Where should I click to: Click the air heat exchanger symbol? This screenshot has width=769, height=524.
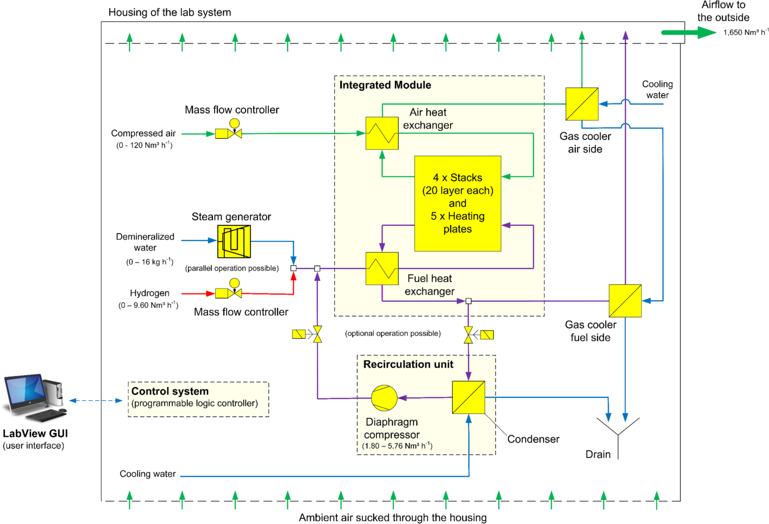(x=382, y=133)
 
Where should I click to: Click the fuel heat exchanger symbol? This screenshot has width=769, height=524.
(x=382, y=269)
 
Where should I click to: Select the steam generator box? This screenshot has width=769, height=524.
(x=234, y=242)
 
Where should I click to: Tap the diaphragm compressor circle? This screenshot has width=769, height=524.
(x=384, y=398)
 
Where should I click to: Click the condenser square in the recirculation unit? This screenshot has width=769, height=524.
(x=468, y=397)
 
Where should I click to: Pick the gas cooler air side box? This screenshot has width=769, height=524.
(x=582, y=104)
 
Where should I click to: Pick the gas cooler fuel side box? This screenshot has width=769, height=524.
(x=625, y=301)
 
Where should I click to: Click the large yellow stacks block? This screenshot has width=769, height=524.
(x=458, y=203)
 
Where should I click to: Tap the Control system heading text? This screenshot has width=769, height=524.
(x=170, y=391)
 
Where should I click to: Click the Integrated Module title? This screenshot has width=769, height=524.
(x=385, y=85)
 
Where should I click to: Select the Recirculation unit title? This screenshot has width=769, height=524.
(x=408, y=364)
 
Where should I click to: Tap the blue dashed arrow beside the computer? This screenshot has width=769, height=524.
(x=96, y=401)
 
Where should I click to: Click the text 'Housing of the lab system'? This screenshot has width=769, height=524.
(x=169, y=13)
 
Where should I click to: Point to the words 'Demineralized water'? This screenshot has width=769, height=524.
(x=145, y=242)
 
